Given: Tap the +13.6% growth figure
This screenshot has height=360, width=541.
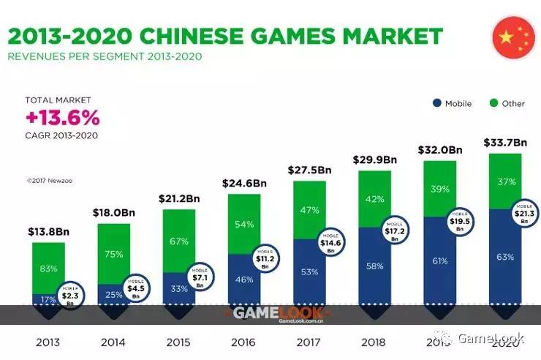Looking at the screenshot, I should [x=62, y=118].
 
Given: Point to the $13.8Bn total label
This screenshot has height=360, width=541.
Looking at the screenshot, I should [x=48, y=232].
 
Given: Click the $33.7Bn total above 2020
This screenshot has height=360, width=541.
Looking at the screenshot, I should [x=505, y=143].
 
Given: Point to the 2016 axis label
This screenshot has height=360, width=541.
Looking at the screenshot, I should [x=243, y=342].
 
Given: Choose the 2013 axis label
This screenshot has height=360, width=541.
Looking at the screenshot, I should [x=48, y=342].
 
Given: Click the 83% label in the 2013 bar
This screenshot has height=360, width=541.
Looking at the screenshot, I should [x=48, y=269].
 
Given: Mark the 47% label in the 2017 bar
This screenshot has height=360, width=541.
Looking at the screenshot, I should [x=310, y=210].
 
